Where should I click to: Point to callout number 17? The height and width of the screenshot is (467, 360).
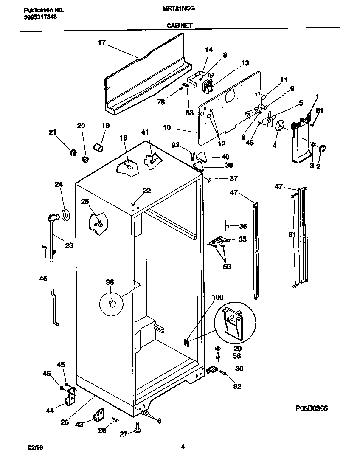coord(101,42)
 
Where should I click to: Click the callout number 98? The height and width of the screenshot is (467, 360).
coord(110,282)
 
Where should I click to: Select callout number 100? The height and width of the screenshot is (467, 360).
coord(217,298)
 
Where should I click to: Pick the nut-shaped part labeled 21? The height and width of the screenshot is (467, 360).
coord(73,152)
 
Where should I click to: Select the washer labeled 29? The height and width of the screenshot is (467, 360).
coord(217,348)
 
